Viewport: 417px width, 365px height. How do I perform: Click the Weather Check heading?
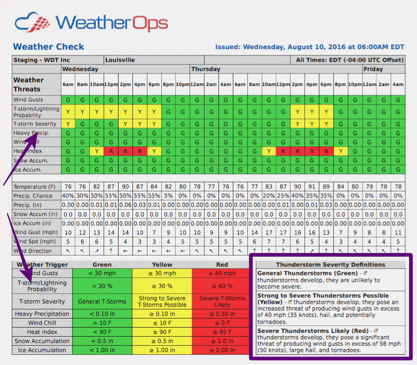point(49,47)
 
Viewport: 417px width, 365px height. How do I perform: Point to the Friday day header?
point(373,69)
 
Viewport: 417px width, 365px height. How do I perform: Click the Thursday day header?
point(206,69)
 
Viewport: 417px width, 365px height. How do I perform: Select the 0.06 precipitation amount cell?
point(125,205)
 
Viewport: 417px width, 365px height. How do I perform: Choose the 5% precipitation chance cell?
point(168,196)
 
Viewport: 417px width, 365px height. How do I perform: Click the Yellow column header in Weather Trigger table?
point(162,265)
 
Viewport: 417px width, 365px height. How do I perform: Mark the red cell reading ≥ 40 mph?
point(222,274)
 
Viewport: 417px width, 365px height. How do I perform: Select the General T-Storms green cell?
point(102,301)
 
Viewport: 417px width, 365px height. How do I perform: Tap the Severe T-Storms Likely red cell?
point(222,301)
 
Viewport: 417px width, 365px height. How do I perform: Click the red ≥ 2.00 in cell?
point(222,350)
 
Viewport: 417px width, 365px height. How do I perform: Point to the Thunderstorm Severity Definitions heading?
point(331,265)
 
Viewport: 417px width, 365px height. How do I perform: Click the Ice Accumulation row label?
point(42,350)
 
